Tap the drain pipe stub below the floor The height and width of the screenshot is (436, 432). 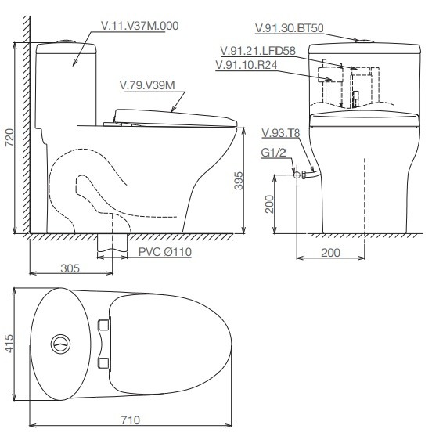click(x=112, y=244)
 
